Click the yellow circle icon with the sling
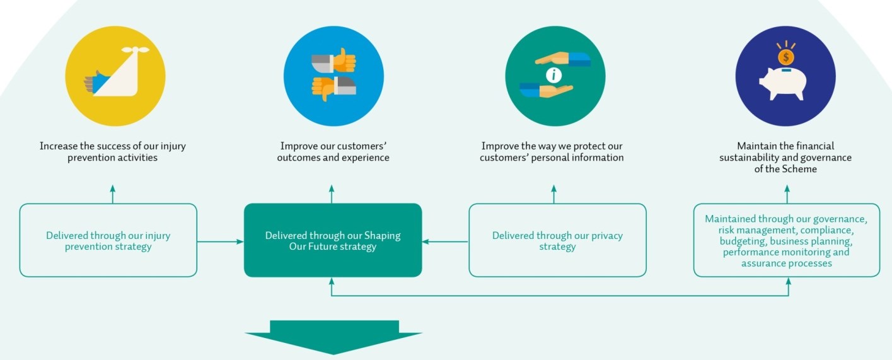pos(115,76)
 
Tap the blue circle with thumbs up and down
pos(333,76)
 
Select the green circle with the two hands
pos(555,76)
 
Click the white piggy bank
pos(784,84)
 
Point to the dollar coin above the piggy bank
pos(785,57)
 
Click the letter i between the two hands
pos(554,75)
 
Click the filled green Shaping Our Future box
pos(333,240)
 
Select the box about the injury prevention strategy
pos(108,240)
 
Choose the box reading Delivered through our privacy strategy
pos(557,240)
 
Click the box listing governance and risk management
pos(786,240)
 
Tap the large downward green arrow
pos(333,337)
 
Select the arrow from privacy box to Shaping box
pos(445,241)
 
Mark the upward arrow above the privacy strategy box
pos(554,194)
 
